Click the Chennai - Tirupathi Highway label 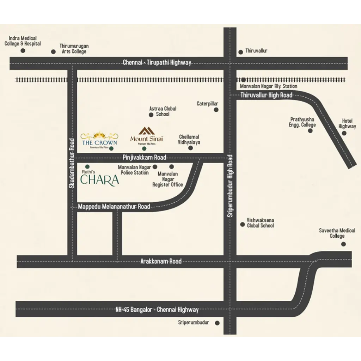coord(157,63)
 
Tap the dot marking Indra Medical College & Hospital coord(23,51)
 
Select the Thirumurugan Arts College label coord(74,49)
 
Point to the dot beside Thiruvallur coord(240,52)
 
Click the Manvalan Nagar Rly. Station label coord(269,86)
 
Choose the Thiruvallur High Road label coord(267,95)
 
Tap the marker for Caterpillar coord(216,110)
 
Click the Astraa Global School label coord(163,111)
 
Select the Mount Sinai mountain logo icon coord(146,131)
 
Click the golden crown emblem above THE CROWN coord(99,135)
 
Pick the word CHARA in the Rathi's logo coord(100,180)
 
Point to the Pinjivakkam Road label coord(144,157)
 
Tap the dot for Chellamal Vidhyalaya coord(190,148)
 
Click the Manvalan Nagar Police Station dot coord(155,167)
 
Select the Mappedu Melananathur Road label coord(114,207)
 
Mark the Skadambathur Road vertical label coord(72,163)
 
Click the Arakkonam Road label coord(161,261)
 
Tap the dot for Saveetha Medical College coord(343,244)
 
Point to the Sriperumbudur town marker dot coord(217,323)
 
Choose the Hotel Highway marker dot coord(344,133)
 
